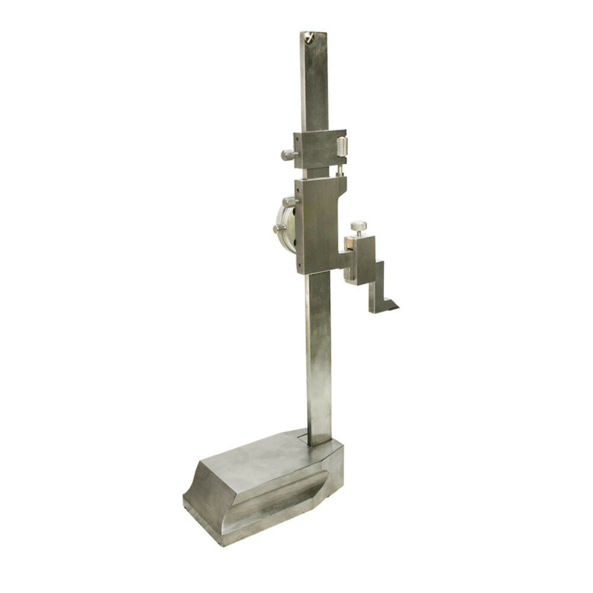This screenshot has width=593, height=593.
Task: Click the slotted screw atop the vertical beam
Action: click(308, 37)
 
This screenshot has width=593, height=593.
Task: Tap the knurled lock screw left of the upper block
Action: click(288, 155)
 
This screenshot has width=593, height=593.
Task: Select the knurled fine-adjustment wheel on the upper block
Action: click(342, 146)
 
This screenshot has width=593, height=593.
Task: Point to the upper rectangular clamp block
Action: click(317, 149)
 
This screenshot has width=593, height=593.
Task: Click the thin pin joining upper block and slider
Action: click(339, 171)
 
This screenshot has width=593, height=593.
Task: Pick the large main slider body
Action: click(317, 225)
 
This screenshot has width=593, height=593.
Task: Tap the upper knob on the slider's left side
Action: click(289, 202)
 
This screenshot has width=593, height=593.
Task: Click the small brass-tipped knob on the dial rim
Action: click(278, 229)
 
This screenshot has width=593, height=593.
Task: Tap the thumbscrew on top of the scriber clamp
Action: click(358, 227)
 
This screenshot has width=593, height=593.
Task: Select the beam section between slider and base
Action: click(318, 356)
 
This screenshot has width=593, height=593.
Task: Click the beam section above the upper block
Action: click(314, 83)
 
